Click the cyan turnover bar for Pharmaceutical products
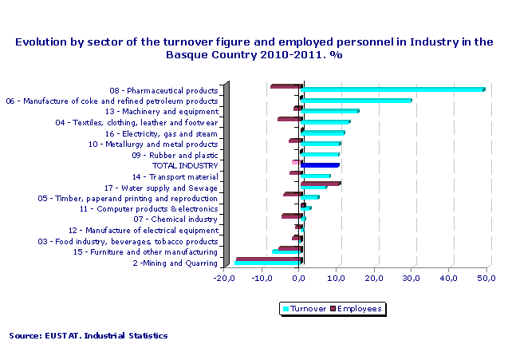393,89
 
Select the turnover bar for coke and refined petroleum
356,101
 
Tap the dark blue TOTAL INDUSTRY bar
321,165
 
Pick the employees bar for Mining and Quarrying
269,259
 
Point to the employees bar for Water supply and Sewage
321,184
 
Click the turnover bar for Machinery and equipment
331,111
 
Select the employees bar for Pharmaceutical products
286,86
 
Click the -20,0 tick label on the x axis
226,278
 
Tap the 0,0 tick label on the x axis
300,278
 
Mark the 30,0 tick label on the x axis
412,278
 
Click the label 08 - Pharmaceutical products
163,91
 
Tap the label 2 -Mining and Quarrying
175,263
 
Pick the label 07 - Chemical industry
175,220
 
